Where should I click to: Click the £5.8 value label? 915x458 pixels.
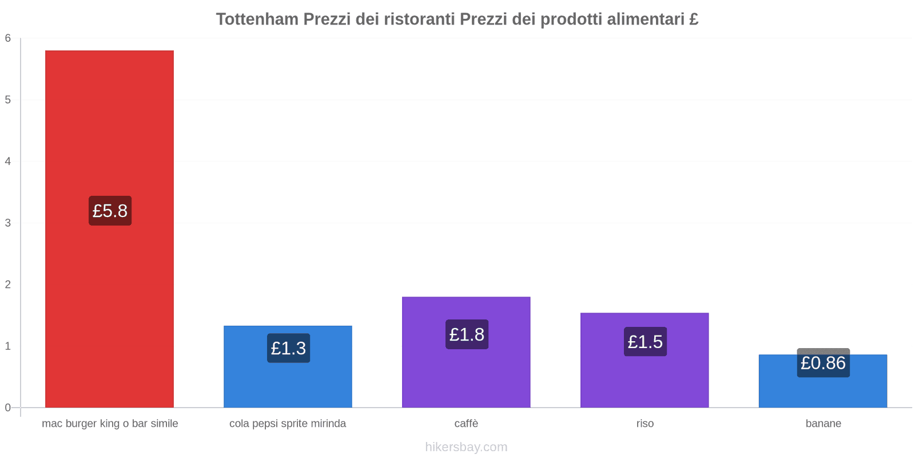click(x=110, y=211)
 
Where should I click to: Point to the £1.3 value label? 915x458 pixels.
click(x=288, y=348)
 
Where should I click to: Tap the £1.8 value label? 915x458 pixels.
click(x=467, y=334)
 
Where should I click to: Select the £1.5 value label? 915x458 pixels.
click(x=645, y=342)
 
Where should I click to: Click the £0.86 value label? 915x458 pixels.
click(x=823, y=363)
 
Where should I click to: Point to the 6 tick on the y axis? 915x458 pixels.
click(x=8, y=38)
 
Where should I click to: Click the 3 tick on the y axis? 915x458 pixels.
click(x=8, y=223)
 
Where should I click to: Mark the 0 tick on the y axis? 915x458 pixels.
click(x=8, y=408)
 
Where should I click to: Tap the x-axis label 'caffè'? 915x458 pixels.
click(x=466, y=424)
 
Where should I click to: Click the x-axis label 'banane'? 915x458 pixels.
click(x=823, y=424)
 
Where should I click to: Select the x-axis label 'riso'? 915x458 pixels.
click(x=645, y=424)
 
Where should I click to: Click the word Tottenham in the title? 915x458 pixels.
click(x=257, y=19)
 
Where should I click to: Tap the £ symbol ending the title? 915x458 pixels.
click(x=694, y=19)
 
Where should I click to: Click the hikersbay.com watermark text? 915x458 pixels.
click(x=466, y=447)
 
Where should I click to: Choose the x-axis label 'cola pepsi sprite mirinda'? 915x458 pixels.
click(x=288, y=424)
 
